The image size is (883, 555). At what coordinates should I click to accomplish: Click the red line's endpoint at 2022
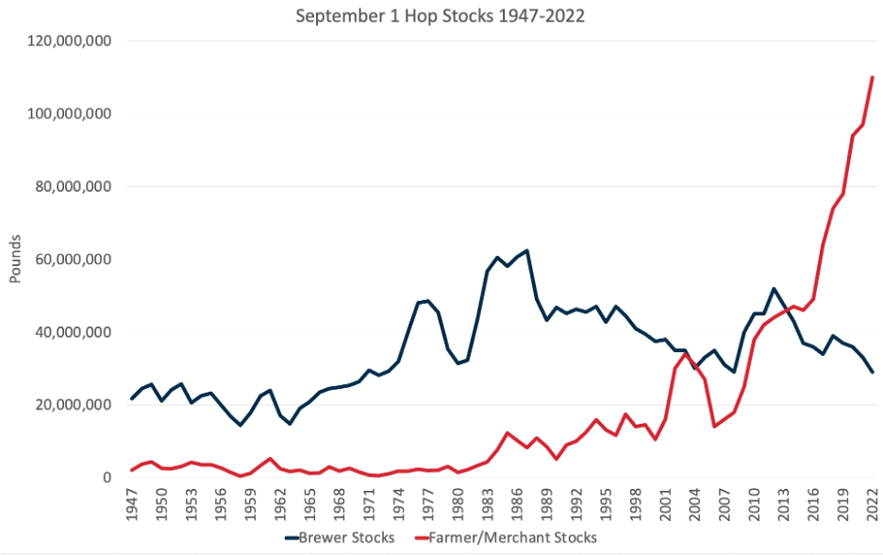point(872,77)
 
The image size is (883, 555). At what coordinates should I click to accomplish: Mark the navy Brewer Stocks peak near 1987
point(526,251)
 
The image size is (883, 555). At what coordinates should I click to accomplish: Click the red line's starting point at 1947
point(132,470)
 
